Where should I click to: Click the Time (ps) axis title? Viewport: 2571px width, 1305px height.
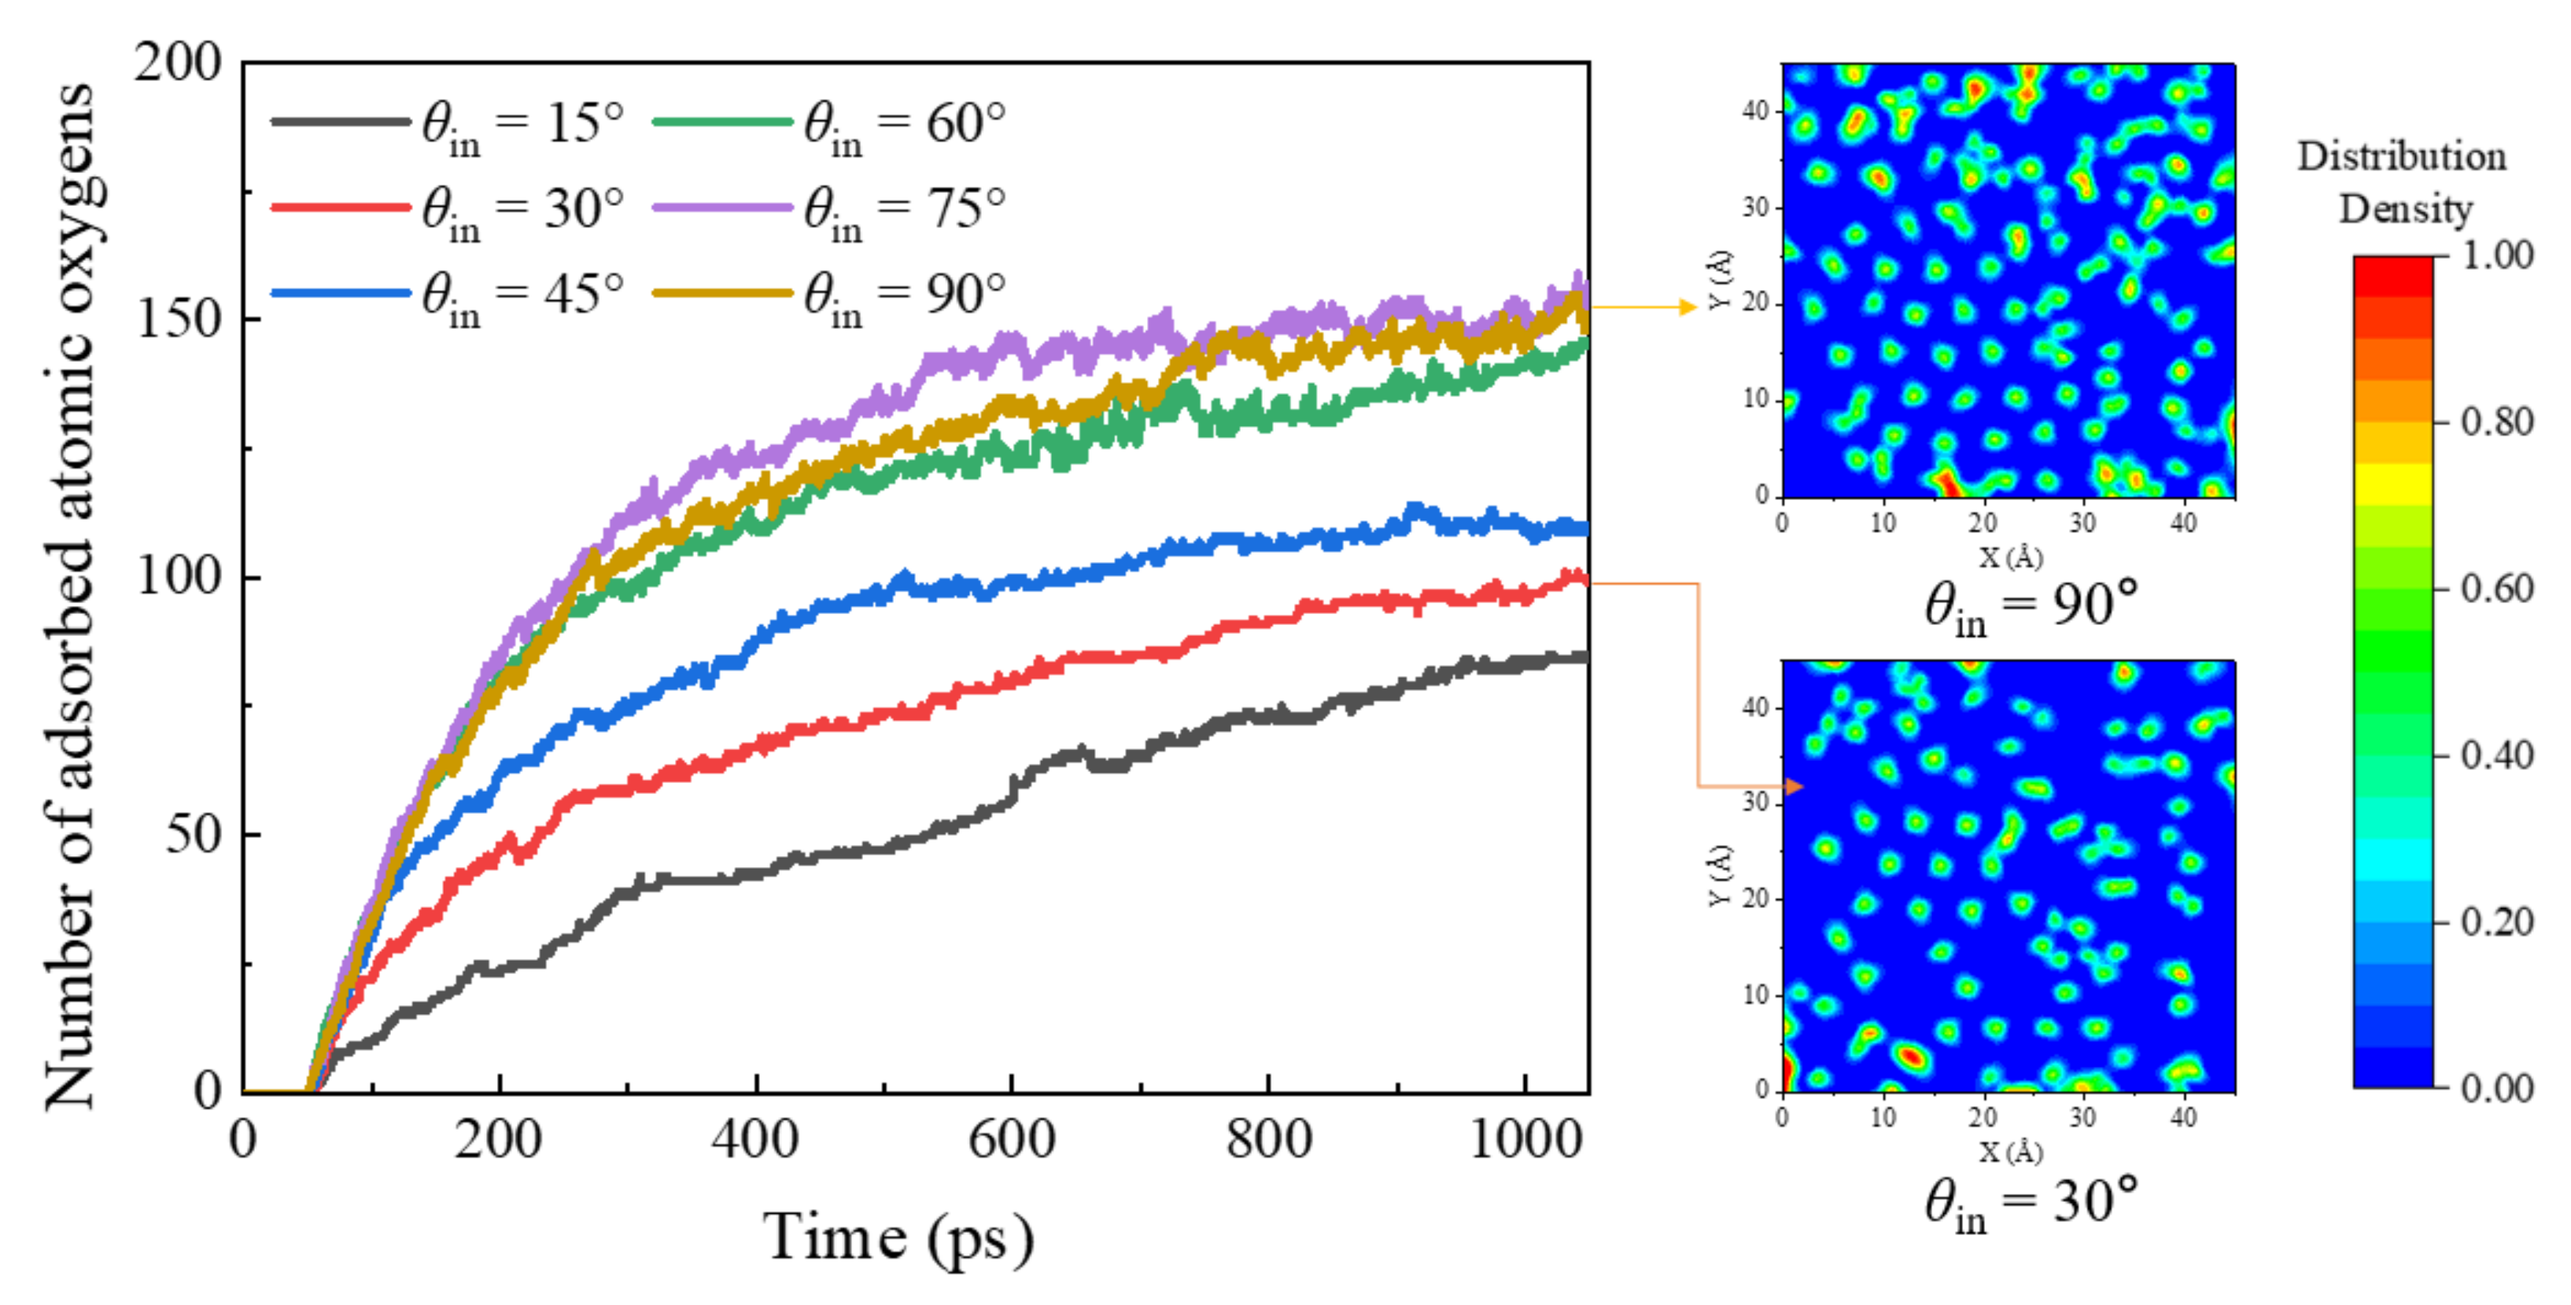[898, 1238]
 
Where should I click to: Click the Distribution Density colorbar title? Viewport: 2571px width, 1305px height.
[2403, 182]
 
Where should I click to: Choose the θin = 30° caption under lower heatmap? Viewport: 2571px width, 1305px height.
[2031, 1202]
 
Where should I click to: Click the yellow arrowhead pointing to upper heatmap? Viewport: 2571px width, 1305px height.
[1688, 307]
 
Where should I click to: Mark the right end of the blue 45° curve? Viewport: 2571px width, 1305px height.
[1585, 529]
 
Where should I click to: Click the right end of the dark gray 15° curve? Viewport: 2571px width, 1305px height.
[1585, 656]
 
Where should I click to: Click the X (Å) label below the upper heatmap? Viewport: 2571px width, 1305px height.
[2010, 556]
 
